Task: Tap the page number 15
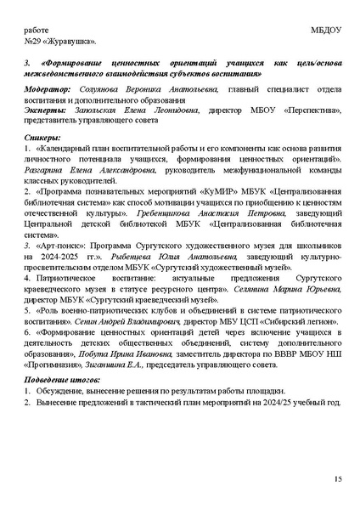click(x=337, y=480)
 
